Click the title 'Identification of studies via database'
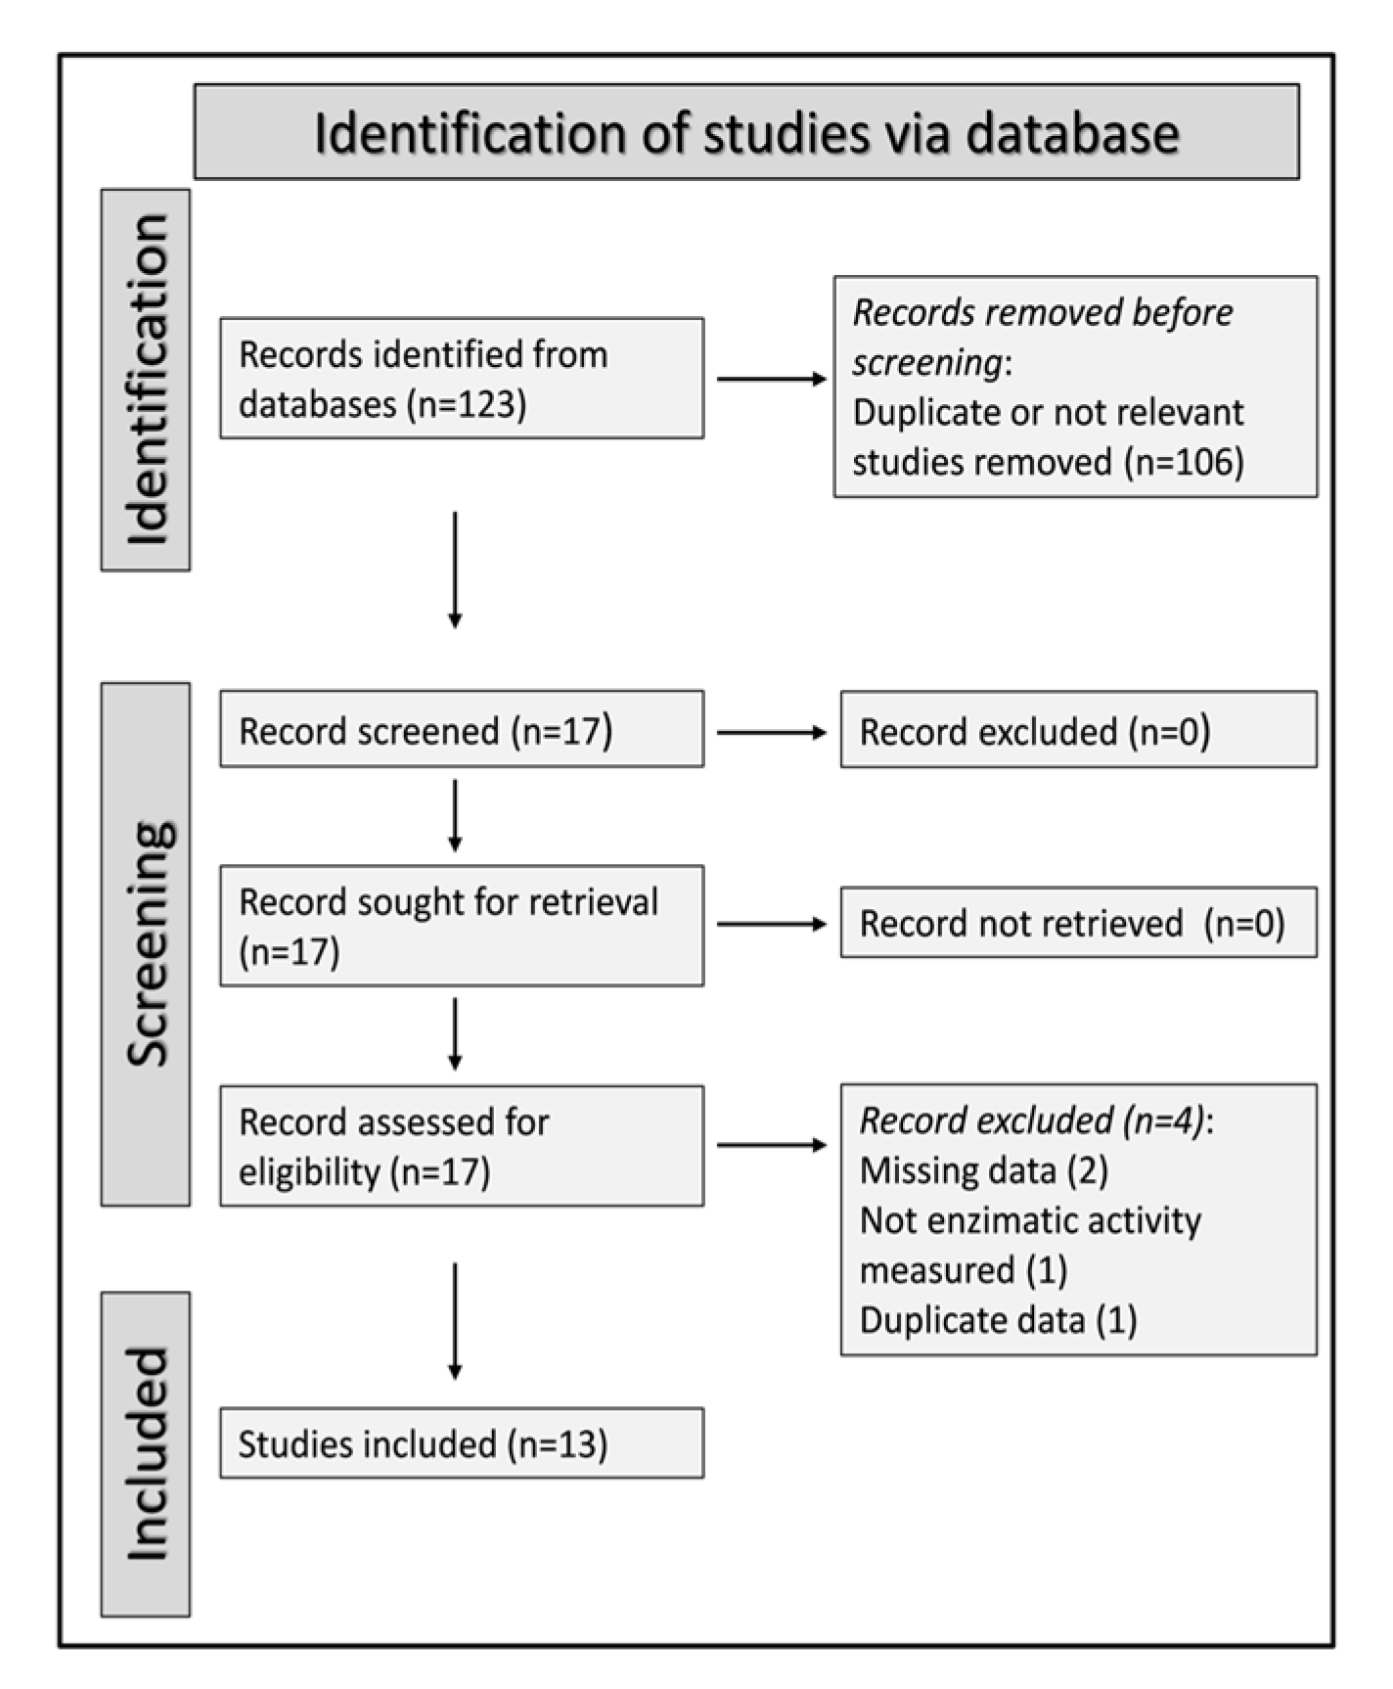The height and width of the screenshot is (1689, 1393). [x=745, y=133]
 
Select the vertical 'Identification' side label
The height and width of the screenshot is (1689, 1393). [x=146, y=380]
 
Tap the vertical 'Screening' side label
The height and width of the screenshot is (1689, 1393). [x=146, y=943]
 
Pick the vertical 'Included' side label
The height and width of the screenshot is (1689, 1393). [x=146, y=1454]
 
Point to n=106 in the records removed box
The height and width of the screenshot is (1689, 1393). [x=1184, y=462]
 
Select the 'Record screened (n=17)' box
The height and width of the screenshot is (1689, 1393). [x=461, y=730]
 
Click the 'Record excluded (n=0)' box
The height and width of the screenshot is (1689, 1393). [x=1078, y=731]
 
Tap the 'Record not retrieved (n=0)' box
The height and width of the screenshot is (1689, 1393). [x=1078, y=923]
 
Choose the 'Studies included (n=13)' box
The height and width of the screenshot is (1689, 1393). [x=461, y=1443]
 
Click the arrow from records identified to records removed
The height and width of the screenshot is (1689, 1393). [x=771, y=379]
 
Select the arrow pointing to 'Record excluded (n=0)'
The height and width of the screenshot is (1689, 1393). [x=771, y=732]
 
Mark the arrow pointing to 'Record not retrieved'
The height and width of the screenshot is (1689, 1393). [x=771, y=924]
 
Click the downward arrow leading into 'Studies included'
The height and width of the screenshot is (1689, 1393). [x=455, y=1321]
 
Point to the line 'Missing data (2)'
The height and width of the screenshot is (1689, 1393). [x=983, y=1170]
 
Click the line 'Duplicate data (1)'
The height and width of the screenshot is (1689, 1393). [x=998, y=1320]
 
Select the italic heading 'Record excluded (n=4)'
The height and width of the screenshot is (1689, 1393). [x=1032, y=1120]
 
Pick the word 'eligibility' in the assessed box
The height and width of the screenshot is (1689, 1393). [x=309, y=1171]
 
